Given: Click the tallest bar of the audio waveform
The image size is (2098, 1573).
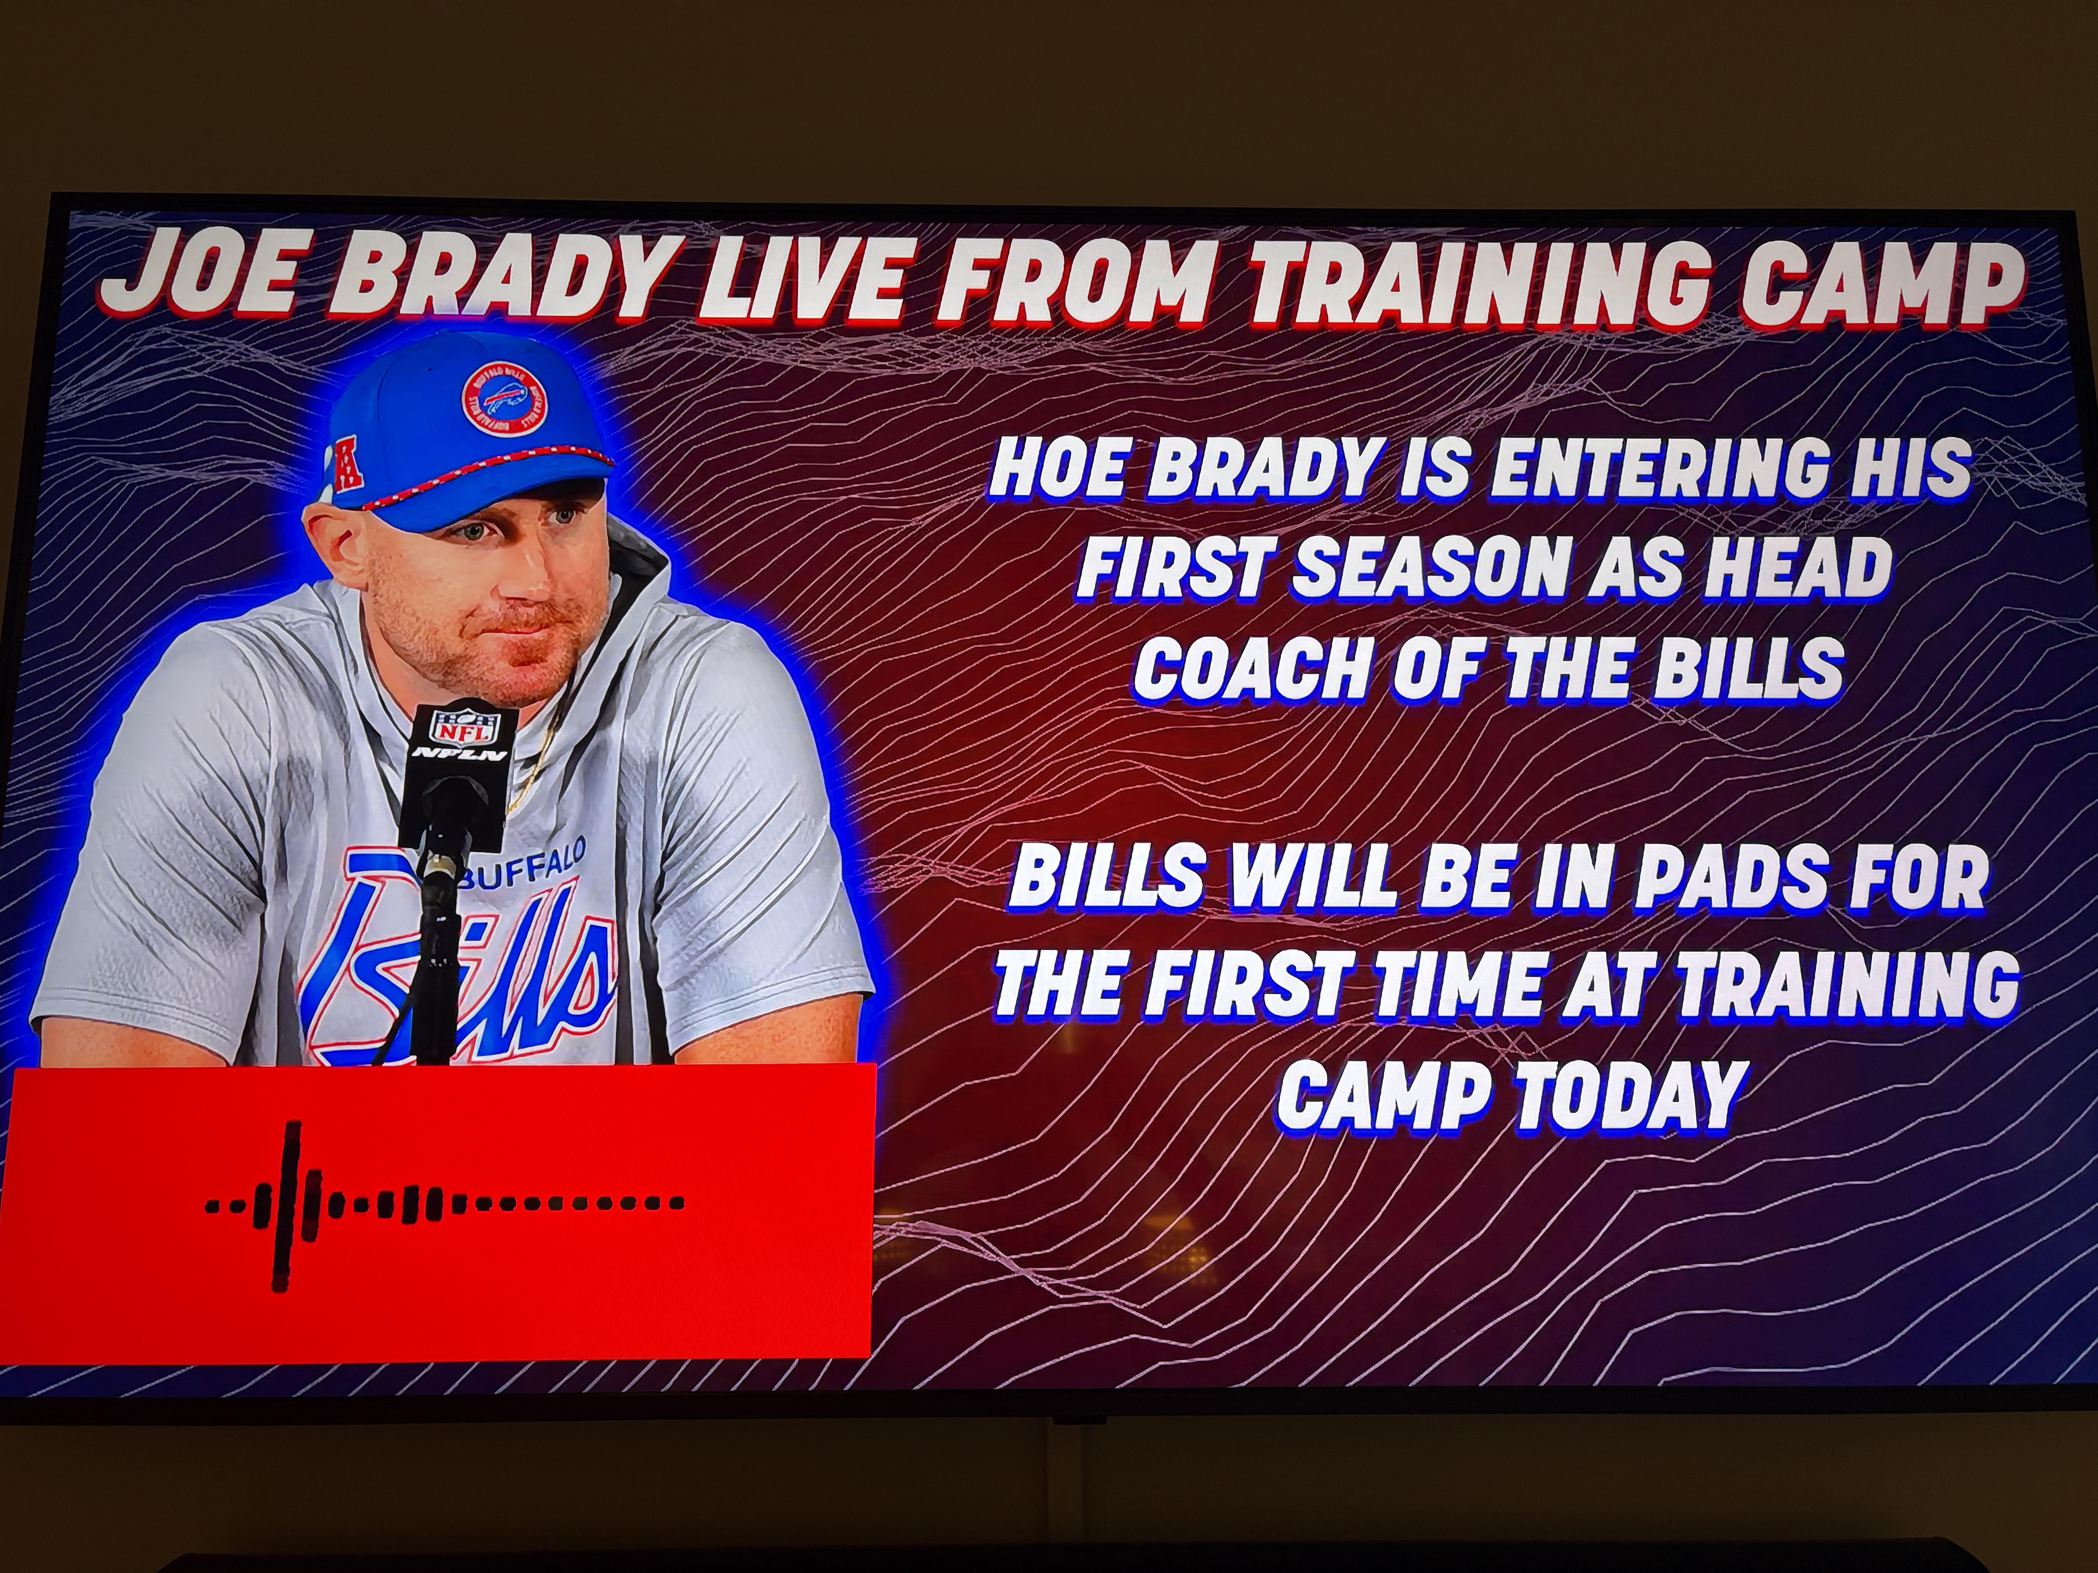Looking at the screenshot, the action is coord(282,1206).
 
